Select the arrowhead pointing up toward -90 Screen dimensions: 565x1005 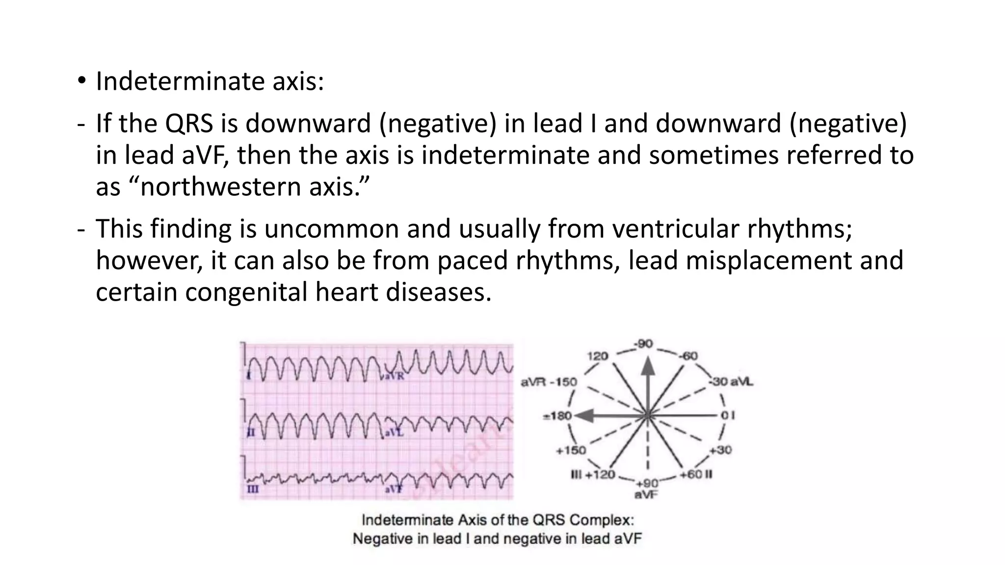tap(648, 365)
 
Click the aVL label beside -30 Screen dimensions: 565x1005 tap(742, 382)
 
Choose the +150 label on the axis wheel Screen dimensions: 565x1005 tap(571, 450)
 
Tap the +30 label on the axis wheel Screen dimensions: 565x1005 tap(720, 450)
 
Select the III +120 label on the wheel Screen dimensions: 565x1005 tap(593, 475)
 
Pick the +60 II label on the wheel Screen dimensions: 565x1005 tap(696, 475)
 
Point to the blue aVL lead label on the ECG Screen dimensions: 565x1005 tap(394, 433)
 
